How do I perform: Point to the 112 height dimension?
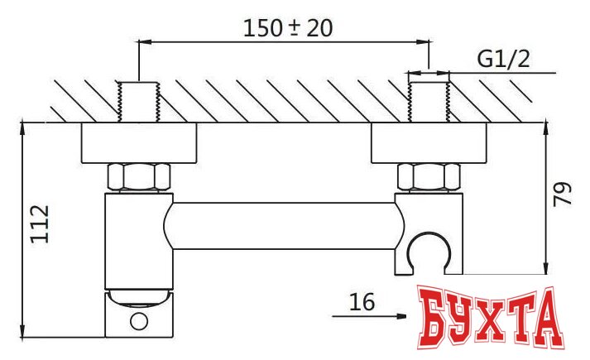(41, 223)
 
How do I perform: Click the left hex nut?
(139, 177)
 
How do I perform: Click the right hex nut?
(429, 177)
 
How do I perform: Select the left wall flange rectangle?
(139, 144)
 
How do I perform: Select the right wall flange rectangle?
(429, 144)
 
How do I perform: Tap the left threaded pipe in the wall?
(139, 101)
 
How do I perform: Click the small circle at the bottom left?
(139, 320)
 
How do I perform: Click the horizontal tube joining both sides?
(281, 225)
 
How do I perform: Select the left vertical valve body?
(139, 240)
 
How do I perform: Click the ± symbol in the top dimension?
(295, 28)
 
